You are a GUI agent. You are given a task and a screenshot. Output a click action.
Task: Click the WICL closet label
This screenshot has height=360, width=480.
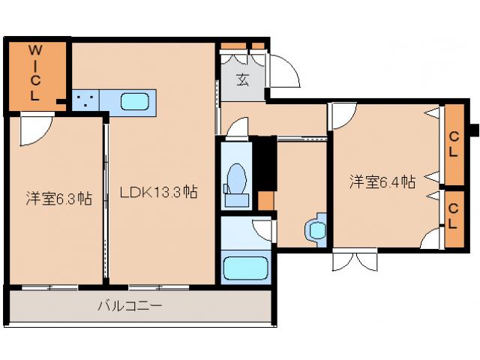[x=35, y=73]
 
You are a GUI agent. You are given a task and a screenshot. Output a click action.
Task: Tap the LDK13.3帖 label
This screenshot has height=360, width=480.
[x=158, y=192]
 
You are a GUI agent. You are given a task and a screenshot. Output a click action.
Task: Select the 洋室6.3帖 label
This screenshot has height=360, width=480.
[x=59, y=198]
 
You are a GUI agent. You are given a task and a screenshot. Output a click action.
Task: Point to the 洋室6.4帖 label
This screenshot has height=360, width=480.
[x=382, y=181]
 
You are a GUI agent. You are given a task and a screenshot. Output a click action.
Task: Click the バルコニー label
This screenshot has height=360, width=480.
[x=130, y=305]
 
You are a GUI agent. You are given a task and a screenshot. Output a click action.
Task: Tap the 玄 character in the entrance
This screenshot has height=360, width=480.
[x=242, y=79]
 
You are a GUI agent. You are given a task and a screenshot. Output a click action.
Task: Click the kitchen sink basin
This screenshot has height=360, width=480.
[x=135, y=102]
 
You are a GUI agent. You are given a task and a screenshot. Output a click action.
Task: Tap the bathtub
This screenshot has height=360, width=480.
[x=245, y=268]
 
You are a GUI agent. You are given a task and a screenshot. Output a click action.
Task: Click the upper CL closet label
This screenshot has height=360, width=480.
[x=454, y=144]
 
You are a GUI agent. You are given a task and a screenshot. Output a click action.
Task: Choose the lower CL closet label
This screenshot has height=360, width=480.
[x=453, y=216]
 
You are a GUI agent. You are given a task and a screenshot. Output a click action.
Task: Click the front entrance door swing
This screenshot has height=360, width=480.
[x=283, y=71]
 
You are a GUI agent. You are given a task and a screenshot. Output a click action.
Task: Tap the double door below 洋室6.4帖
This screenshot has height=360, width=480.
[x=355, y=260]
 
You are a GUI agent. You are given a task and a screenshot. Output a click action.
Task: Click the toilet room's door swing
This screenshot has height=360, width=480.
[x=238, y=130]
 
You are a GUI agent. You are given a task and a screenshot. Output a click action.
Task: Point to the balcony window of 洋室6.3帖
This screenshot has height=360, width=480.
[x=50, y=287]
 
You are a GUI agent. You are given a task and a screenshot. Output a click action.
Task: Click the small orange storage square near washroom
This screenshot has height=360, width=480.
[x=265, y=201]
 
